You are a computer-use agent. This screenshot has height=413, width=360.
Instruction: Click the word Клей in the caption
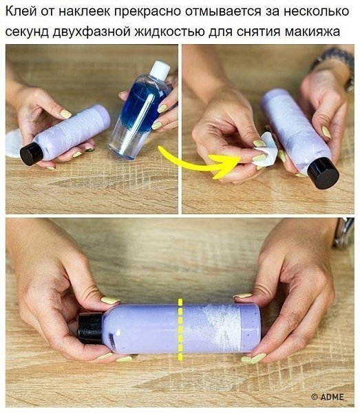pos(21,11)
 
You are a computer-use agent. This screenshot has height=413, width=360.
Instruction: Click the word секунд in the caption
pos(27,32)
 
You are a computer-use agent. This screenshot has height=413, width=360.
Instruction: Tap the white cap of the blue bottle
pos(159,70)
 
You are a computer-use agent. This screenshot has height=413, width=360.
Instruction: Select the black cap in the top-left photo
pos(32,153)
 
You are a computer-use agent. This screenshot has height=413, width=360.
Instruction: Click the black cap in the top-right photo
pos(323,173)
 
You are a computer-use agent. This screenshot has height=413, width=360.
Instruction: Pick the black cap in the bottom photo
pos(90,328)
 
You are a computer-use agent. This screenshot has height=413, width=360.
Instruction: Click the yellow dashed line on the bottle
pos(180,329)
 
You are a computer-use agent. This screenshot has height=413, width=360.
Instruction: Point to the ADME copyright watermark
pos(328,396)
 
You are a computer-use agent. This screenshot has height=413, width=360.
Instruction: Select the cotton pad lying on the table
pos(13,143)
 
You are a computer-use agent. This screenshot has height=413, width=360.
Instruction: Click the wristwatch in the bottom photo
pos(344,233)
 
